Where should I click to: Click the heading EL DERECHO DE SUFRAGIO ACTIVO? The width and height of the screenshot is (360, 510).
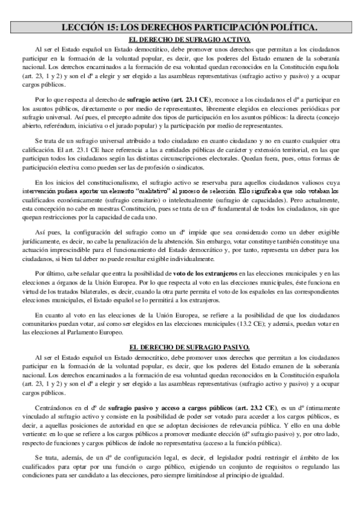pos(181,40)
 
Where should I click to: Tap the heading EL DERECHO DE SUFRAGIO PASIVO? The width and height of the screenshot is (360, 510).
pos(181,348)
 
